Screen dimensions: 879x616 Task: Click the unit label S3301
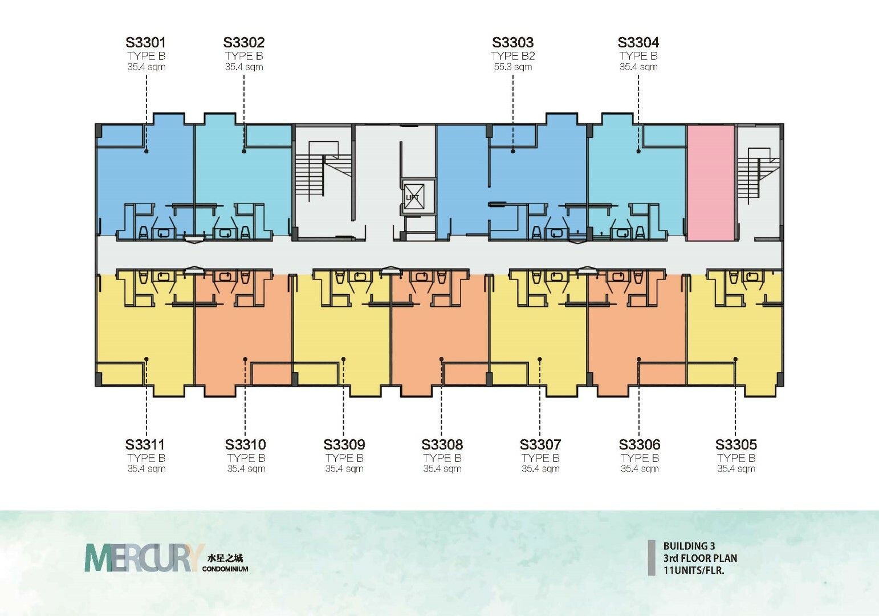145,42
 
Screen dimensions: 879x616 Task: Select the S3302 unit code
243,42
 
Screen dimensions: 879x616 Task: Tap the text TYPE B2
512,56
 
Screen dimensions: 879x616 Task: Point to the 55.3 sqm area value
512,67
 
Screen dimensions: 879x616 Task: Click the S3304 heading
638,42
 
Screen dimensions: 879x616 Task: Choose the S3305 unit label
736,444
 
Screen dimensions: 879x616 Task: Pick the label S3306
639,444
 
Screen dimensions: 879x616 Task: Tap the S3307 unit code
540,444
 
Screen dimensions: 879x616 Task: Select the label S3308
442,444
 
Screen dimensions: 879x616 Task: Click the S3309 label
344,444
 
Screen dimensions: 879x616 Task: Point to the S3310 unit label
246,444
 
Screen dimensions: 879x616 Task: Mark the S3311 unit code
145,444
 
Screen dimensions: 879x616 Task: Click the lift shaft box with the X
413,197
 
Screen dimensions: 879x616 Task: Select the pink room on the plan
711,183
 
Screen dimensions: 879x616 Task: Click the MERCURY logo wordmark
144,557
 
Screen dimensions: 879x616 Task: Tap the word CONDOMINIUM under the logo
225,569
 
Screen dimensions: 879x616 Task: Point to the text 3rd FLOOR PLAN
700,558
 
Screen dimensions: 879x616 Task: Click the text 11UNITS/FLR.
693,570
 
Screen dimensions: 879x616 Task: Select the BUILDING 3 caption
689,546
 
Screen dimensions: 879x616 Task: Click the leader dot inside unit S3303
512,151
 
